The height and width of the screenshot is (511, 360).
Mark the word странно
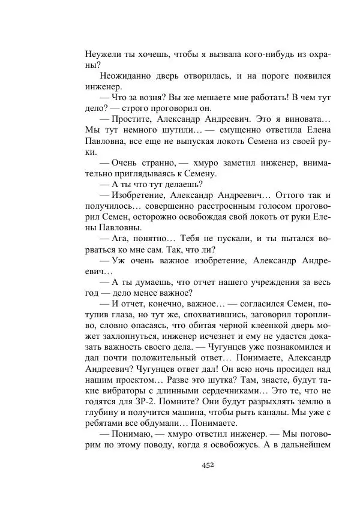[156, 163]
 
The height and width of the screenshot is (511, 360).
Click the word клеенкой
[236, 326]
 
